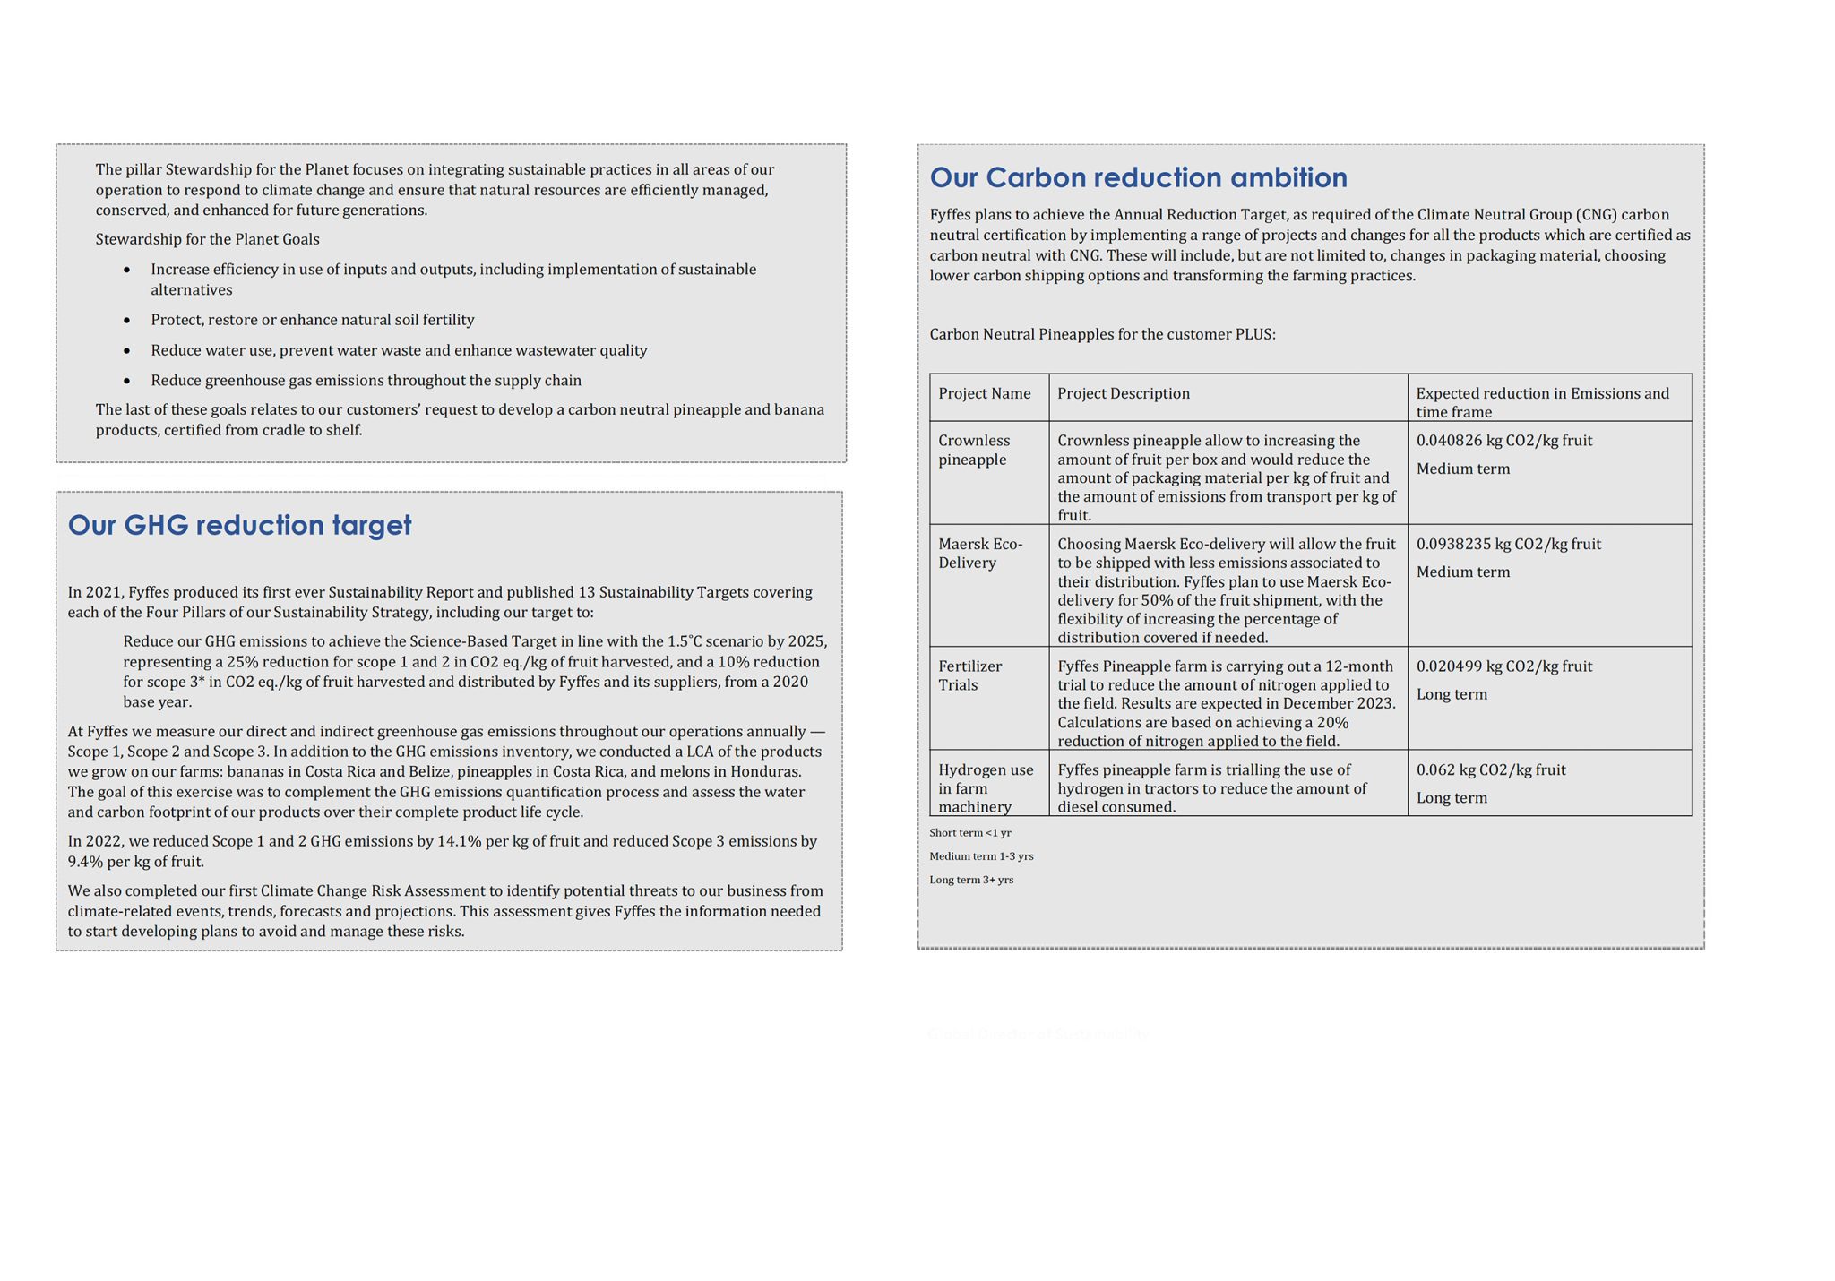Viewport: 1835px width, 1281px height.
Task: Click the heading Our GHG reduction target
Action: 239,525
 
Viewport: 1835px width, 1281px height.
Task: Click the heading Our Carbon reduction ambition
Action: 1138,177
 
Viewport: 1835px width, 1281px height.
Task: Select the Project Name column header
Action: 984,393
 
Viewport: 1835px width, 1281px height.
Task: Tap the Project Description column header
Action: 1123,393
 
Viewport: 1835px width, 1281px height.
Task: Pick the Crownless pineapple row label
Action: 973,450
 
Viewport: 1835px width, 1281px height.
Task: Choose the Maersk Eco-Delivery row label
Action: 979,553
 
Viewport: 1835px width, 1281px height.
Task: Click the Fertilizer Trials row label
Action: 969,675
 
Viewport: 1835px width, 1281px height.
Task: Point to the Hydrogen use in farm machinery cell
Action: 985,788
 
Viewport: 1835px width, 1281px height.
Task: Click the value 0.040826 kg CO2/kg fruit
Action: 1503,441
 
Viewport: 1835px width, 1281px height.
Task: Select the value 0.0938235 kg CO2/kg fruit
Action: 1508,544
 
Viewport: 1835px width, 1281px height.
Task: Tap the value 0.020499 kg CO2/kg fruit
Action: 1503,666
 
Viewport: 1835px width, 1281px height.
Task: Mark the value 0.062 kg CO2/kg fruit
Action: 1490,769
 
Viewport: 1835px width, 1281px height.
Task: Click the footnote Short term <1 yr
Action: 969,833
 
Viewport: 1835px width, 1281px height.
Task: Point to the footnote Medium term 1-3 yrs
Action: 981,856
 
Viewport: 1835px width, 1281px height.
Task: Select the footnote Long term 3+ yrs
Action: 971,880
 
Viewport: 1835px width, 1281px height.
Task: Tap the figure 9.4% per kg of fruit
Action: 135,862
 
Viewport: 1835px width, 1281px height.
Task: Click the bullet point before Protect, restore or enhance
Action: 127,321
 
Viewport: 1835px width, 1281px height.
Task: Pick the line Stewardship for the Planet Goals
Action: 207,239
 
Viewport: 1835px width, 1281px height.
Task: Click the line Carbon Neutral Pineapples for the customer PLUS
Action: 1102,334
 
